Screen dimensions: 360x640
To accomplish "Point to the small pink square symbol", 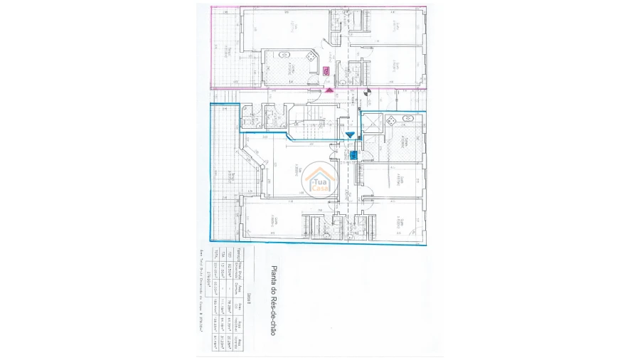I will [x=326, y=70].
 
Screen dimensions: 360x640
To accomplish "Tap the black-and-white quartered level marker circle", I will [x=367, y=92].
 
